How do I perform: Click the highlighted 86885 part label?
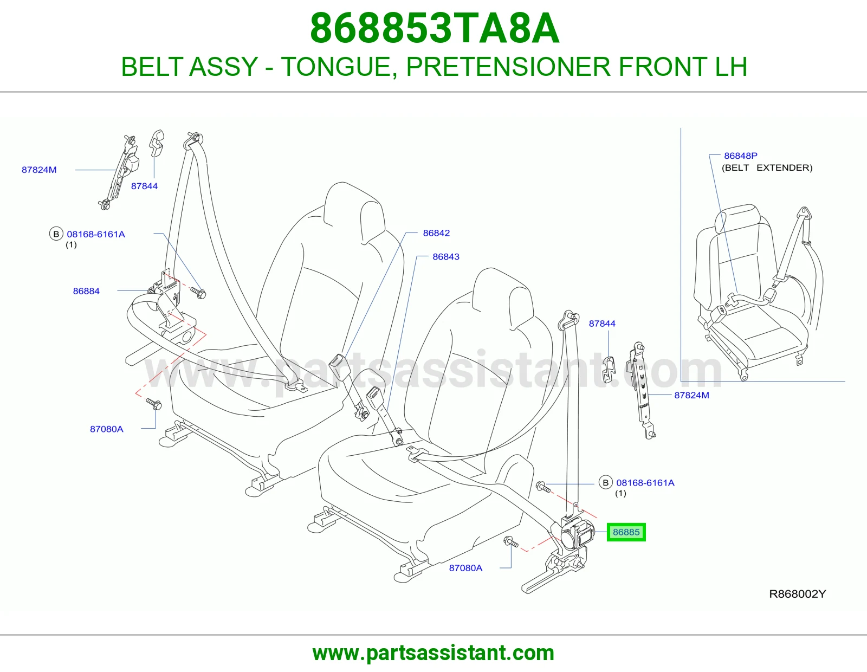[626, 532]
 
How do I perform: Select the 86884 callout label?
[86, 291]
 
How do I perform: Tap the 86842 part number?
[436, 232]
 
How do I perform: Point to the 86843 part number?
[445, 256]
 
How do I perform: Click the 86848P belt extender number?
[741, 155]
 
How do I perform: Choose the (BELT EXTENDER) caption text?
[767, 167]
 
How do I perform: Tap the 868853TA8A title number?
[435, 28]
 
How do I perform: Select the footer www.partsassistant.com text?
[433, 653]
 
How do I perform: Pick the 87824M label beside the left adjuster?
[39, 170]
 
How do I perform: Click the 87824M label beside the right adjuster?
[691, 395]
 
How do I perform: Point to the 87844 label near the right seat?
[602, 323]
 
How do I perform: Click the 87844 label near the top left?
[145, 186]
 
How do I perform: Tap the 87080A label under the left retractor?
[107, 429]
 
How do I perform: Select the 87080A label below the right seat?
[465, 568]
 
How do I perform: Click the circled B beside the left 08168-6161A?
[56, 234]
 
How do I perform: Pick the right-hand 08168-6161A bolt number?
[645, 482]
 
